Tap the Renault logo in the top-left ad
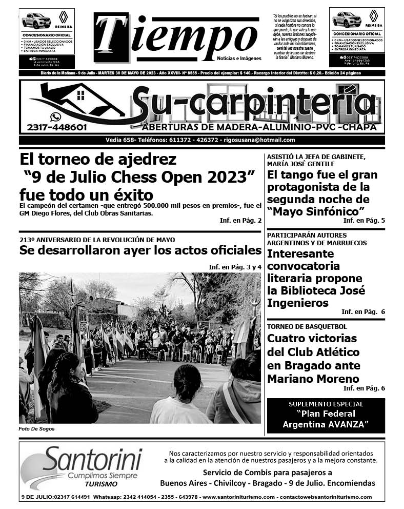(64, 17)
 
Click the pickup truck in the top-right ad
(347, 20)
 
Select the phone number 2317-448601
(57, 127)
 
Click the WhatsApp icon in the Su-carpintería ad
(55, 116)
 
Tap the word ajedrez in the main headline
(142, 159)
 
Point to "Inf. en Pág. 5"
(364, 220)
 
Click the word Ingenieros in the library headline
(298, 303)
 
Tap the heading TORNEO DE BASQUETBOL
(300, 326)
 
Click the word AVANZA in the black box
(348, 425)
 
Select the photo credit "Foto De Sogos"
(36, 428)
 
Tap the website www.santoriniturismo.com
(238, 497)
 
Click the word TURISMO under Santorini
(100, 484)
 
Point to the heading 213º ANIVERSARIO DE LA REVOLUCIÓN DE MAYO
(97, 240)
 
